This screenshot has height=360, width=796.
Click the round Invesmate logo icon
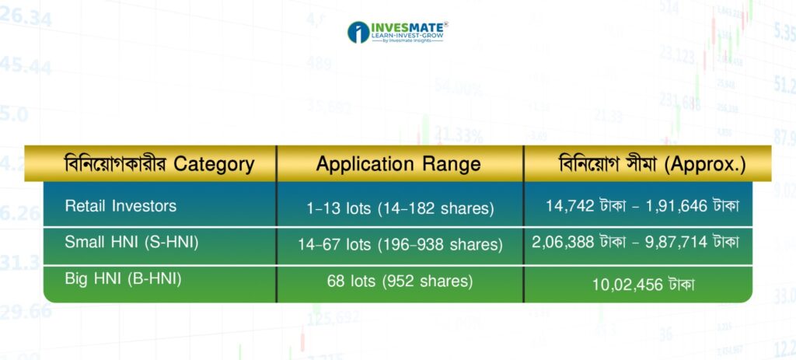[358, 32]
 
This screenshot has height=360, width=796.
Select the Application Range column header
[398, 164]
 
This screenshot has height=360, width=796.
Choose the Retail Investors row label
[120, 205]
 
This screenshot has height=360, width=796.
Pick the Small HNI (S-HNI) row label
[131, 242]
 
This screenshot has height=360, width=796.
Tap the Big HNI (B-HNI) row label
[124, 279]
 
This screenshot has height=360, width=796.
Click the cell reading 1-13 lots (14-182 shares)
[400, 208]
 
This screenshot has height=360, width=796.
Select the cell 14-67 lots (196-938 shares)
[400, 245]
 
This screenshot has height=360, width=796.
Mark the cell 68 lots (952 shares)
[400, 281]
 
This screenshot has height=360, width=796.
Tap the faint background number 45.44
[26, 65]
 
